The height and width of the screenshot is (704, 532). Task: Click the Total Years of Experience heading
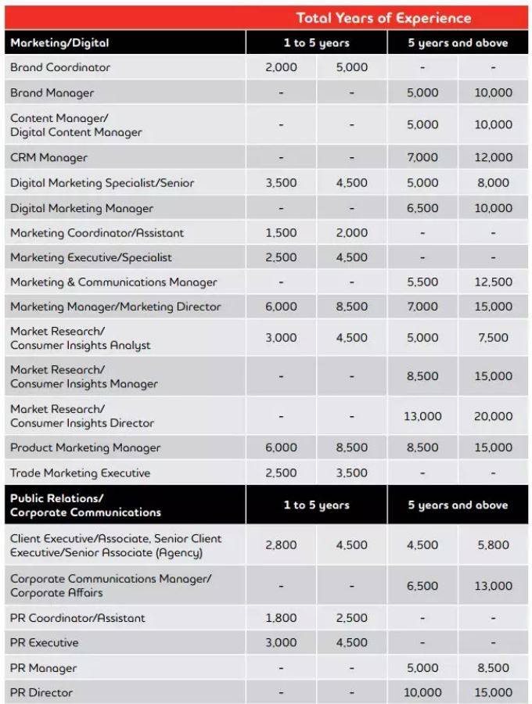pos(383,17)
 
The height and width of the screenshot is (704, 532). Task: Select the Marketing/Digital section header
pos(59,42)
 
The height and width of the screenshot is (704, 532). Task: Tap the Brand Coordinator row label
pos(60,67)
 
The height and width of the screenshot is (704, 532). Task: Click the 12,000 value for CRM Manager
pos(493,157)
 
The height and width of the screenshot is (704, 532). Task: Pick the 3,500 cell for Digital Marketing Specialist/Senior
pos(281,183)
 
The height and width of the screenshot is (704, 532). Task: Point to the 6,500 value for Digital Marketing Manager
pos(422,208)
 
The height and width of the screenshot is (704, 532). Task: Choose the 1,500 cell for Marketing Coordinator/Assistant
pos(281,233)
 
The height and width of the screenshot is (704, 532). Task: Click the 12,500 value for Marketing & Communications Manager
pos(493,282)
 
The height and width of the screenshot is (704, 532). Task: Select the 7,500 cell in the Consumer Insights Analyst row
pos(493,338)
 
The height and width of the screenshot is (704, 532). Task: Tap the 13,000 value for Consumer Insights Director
pos(422,416)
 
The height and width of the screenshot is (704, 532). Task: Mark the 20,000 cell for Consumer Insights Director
pos(493,416)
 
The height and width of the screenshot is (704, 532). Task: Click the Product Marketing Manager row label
pos(85,447)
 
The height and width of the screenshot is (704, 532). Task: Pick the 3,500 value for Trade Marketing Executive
pos(351,472)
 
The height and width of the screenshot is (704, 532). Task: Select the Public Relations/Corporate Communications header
pos(85,505)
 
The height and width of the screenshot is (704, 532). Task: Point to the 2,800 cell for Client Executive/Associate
pos(281,545)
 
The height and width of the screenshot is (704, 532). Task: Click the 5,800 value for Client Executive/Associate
pos(493,545)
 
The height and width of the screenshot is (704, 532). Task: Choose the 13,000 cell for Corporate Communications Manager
pos(493,586)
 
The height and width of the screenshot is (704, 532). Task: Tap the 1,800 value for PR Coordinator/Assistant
pos(281,618)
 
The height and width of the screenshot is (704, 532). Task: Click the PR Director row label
pos(41,692)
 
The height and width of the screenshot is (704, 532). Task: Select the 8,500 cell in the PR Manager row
pos(493,668)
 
